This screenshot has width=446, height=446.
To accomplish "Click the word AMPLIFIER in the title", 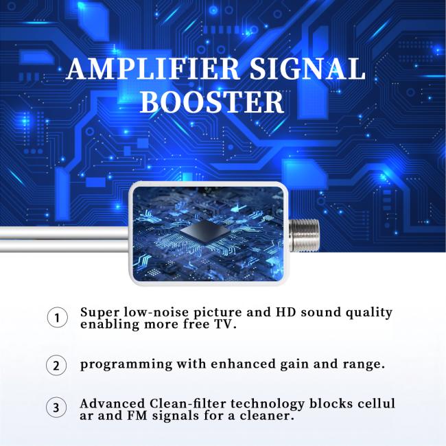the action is [x=153, y=69].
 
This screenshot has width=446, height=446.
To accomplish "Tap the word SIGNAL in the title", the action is [x=308, y=69].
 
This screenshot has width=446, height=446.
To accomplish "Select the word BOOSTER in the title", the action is [x=212, y=102].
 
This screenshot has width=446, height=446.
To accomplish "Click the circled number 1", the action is [x=58, y=318].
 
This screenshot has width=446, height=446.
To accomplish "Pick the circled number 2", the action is [x=56, y=365].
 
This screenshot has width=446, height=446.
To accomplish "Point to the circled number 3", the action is [x=56, y=407].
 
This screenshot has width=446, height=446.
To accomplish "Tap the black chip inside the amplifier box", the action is [x=204, y=231].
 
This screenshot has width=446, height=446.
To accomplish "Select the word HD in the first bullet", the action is [x=286, y=312].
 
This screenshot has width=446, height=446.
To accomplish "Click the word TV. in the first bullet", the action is [x=225, y=325].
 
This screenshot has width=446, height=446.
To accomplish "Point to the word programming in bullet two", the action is [x=126, y=364].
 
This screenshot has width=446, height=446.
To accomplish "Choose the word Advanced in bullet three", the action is [x=113, y=403].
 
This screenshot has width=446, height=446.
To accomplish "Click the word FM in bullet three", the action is [x=137, y=416].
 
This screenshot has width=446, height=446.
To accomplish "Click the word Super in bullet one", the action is [x=100, y=313].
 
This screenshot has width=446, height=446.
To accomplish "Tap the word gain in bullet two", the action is [x=292, y=365].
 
